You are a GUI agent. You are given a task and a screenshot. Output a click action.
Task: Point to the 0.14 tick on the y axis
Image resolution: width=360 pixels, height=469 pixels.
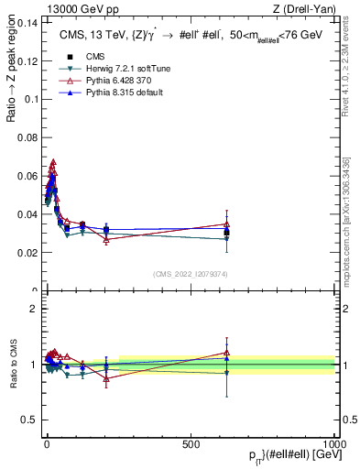coord(27,24)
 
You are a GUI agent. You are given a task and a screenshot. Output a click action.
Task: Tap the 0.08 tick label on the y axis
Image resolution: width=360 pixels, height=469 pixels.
coord(27,137)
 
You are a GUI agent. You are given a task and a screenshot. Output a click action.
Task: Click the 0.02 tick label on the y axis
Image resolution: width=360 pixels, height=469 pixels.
coord(27,252)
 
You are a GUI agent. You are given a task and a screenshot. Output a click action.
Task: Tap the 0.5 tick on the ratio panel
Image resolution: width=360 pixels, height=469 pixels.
coord(31,420)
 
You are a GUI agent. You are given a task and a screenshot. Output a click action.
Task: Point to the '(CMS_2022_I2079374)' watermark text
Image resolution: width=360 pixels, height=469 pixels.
coord(191,273)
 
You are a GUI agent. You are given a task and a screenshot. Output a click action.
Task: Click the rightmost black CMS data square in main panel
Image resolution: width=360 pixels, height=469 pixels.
coord(226,233)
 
